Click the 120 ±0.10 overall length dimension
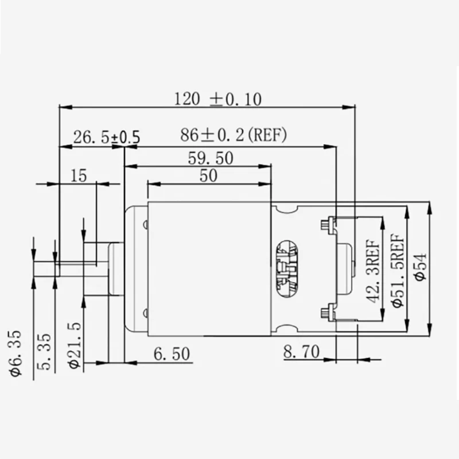point(218,99)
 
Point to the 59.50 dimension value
point(211,158)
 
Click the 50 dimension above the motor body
point(209,176)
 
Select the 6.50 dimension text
point(171,354)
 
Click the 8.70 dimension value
point(301,352)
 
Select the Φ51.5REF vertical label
point(396,270)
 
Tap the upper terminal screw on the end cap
point(328,224)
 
